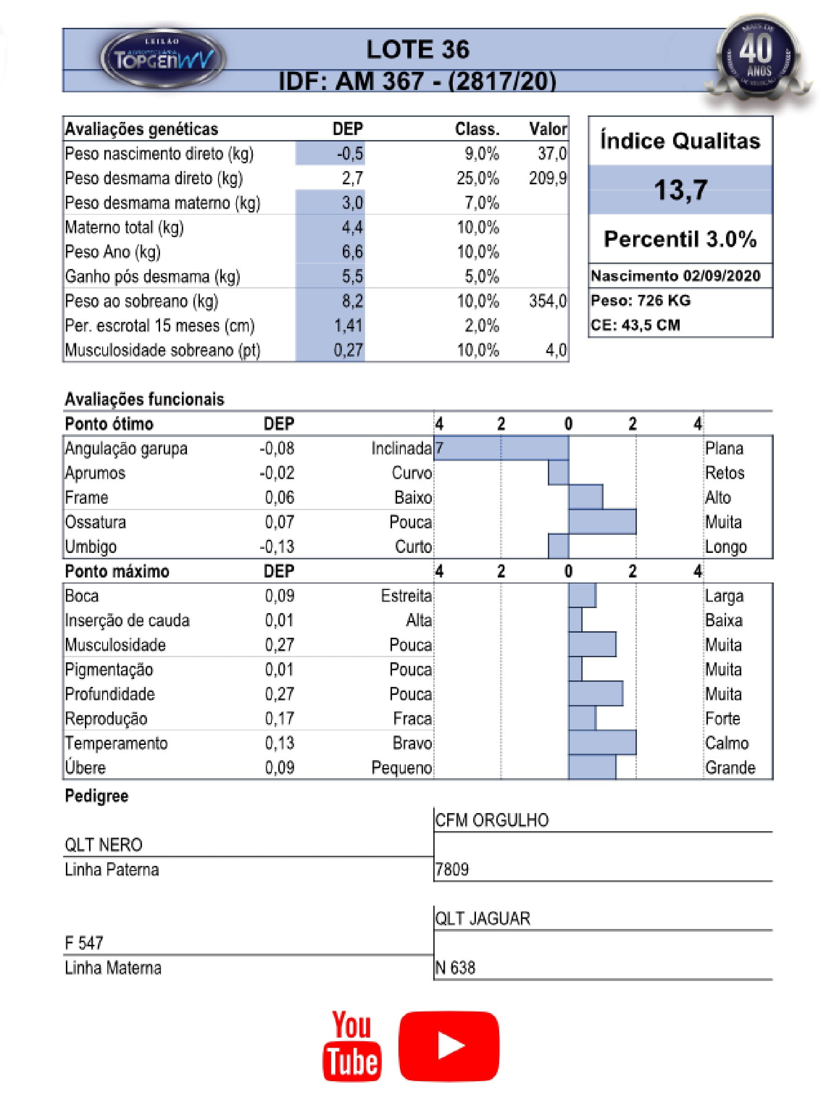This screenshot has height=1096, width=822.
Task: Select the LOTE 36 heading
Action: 417,50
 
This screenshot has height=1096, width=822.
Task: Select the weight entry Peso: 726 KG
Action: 640,300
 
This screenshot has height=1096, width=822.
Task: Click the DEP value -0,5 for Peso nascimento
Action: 350,154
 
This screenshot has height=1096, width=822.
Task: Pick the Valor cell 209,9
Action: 547,179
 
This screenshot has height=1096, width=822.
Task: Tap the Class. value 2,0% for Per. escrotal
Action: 481,326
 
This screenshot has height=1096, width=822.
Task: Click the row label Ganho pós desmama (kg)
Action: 152,276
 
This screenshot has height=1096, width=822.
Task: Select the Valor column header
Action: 547,129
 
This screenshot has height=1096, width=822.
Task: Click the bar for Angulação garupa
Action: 501,448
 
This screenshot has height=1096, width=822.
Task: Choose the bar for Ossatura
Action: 602,522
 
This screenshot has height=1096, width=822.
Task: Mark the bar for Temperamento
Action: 602,742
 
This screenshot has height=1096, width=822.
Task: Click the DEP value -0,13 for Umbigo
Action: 277,546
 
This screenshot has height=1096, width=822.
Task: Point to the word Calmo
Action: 726,743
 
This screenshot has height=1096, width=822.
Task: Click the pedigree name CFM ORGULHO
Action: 492,820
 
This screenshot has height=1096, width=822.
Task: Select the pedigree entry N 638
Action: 455,968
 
